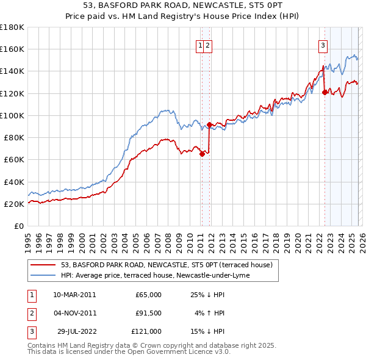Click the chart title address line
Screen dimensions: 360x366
tap(183, 5)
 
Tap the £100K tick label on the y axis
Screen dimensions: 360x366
tap(12, 115)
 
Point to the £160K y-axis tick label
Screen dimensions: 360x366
tap(12, 49)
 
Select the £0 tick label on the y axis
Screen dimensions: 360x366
tap(19, 226)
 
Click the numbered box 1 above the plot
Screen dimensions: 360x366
tap(201, 45)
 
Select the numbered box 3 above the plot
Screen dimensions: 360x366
tap(323, 45)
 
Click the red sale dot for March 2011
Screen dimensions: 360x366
tap(202, 154)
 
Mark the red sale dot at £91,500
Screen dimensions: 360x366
tap(209, 124)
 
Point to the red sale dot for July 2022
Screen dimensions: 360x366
tap(325, 92)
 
